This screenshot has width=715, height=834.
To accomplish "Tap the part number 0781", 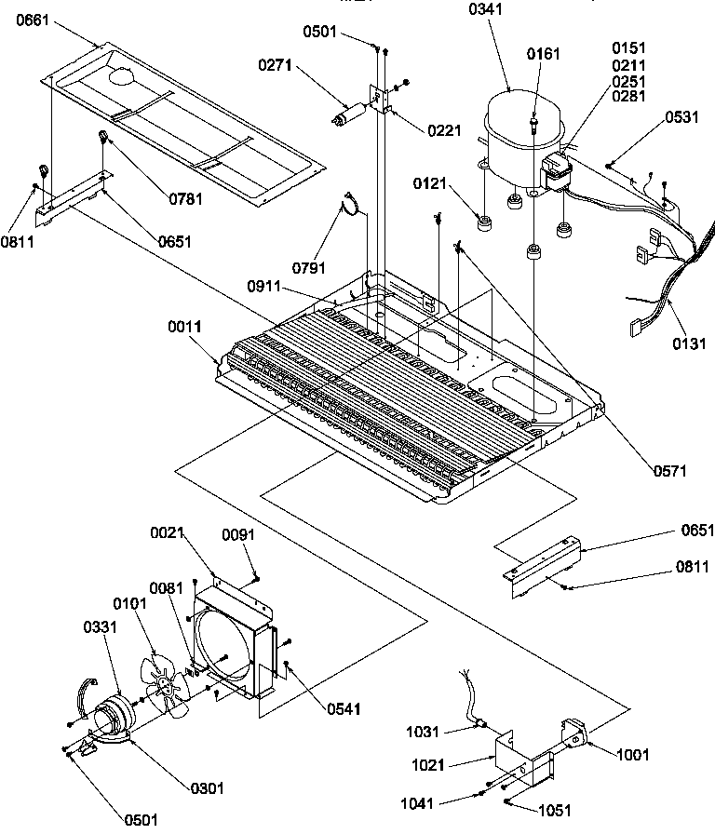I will pyautogui.click(x=185, y=198).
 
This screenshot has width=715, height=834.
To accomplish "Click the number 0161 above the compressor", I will pyautogui.click(x=544, y=53).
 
